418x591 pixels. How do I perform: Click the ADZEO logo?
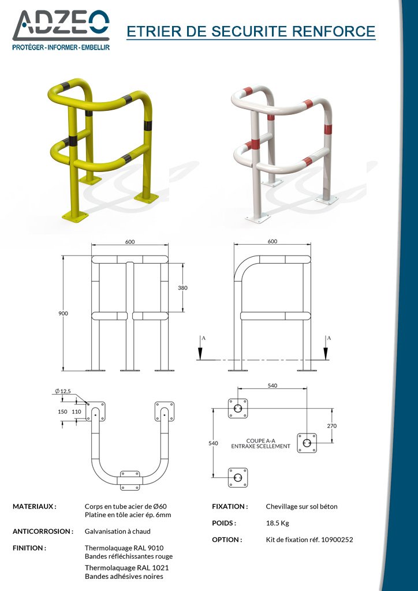point(61,30)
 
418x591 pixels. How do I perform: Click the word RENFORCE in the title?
point(334,31)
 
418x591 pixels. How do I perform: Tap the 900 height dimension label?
point(63,313)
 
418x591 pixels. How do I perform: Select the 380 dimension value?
point(182,288)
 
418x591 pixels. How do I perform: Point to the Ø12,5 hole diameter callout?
point(63,391)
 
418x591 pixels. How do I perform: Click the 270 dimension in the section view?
point(332,426)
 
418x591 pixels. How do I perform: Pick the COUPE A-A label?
point(260,440)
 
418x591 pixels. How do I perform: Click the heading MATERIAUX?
point(34,507)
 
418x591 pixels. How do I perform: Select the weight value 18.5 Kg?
point(277,523)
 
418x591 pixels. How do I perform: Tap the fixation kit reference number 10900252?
point(337,540)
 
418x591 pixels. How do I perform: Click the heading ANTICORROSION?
point(43,532)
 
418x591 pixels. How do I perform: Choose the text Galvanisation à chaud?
point(118,532)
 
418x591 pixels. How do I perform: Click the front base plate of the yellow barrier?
point(75,216)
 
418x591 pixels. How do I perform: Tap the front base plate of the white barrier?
point(258,218)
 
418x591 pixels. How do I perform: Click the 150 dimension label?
point(62,412)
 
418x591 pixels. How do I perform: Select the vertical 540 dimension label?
point(214,443)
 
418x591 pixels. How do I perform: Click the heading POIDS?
point(224,523)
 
